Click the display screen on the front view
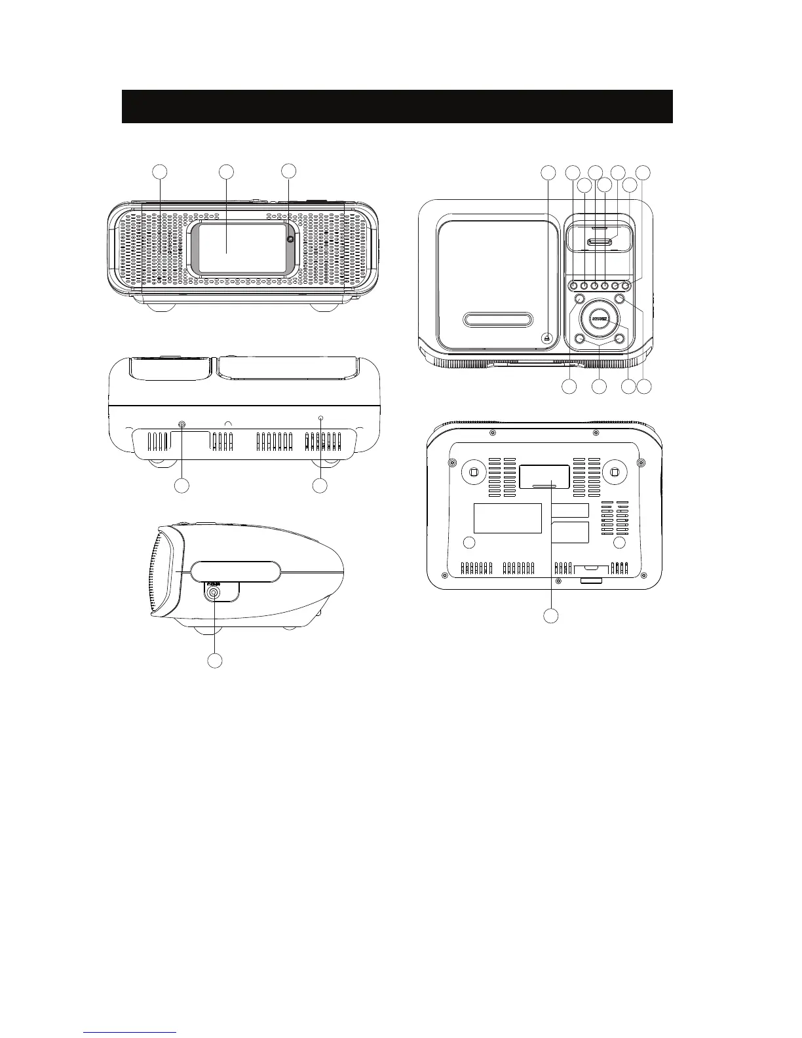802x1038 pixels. (242, 247)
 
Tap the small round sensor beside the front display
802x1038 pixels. (290, 239)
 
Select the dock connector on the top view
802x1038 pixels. (600, 242)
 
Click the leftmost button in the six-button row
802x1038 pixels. (573, 285)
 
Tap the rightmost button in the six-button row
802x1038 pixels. (626, 285)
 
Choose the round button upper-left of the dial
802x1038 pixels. (579, 299)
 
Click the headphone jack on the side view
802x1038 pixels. (214, 592)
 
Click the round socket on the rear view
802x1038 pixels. (181, 425)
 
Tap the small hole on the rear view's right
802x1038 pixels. (320, 418)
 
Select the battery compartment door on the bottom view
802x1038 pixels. (544, 476)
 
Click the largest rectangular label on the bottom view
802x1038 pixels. (508, 518)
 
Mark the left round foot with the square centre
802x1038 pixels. (474, 472)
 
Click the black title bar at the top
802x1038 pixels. (397, 106)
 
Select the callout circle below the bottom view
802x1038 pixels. (552, 616)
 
